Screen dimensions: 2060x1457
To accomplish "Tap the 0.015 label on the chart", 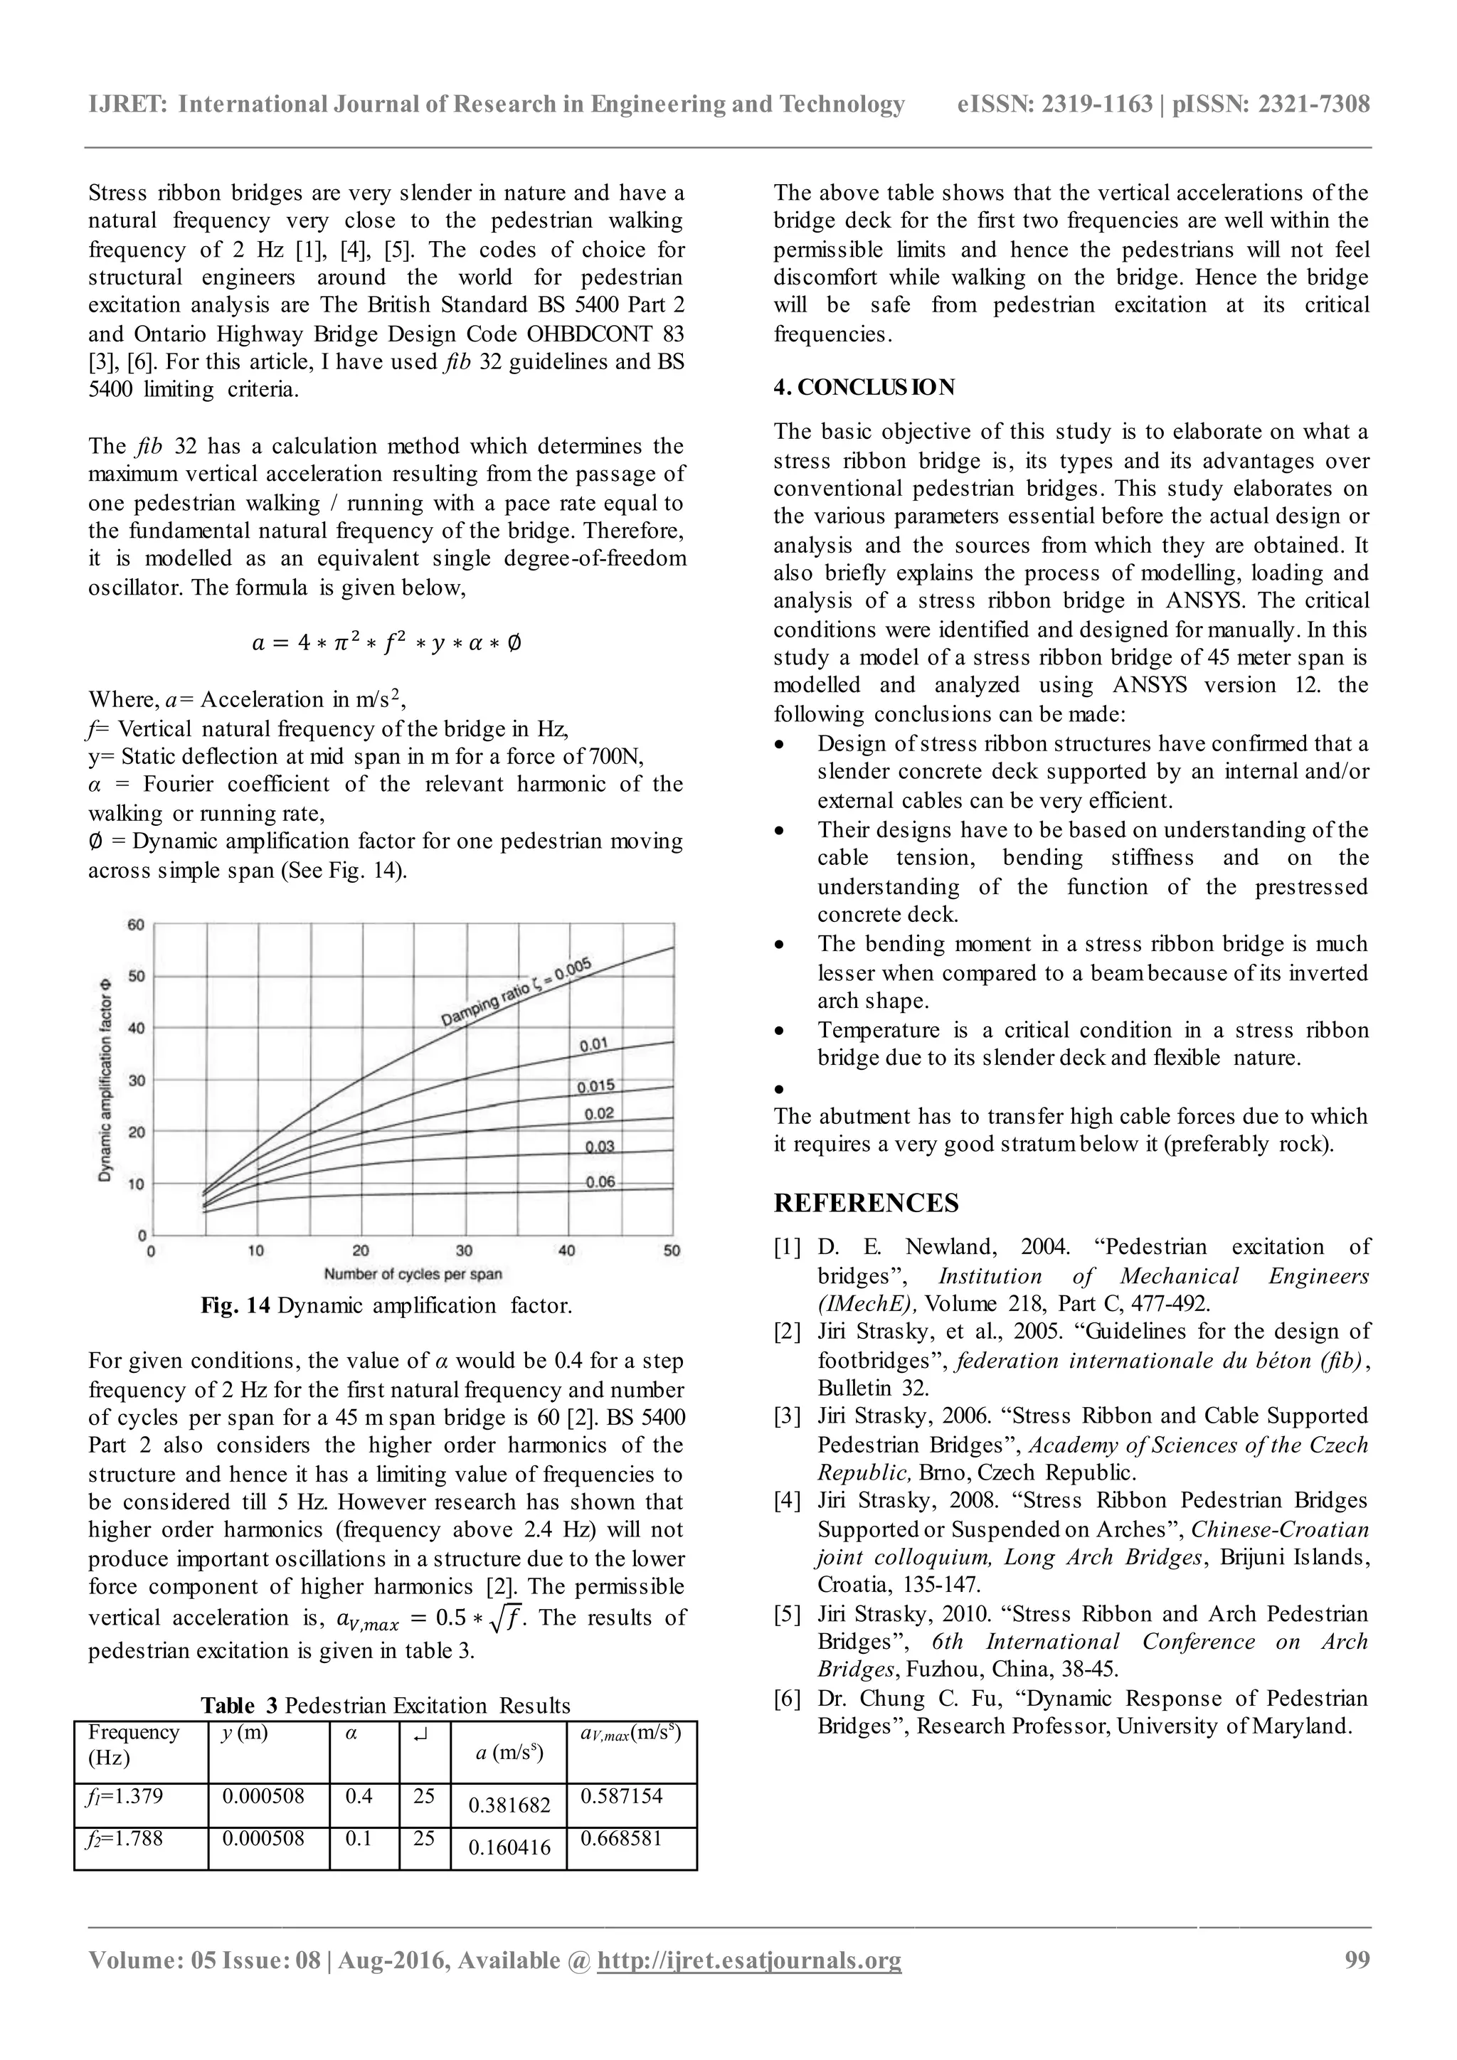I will (595, 1086).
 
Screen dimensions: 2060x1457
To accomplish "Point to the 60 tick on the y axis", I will (135, 925).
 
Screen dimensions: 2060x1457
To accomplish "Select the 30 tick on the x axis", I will (464, 1251).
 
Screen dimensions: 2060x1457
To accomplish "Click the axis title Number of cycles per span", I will (413, 1274).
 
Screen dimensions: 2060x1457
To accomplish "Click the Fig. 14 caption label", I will (235, 1305).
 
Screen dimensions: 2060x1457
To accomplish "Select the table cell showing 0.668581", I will (621, 1838).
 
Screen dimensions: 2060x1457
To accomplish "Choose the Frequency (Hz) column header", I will (133, 1744).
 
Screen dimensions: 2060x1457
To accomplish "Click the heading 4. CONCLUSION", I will (864, 388).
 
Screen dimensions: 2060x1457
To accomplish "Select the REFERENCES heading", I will (866, 1203).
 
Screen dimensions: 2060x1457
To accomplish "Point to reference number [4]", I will (787, 1501).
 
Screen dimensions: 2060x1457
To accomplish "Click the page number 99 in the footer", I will (1357, 1960).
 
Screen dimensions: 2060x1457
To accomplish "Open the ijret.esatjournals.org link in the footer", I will (748, 1960).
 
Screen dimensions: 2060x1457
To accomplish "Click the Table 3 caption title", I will (385, 1706).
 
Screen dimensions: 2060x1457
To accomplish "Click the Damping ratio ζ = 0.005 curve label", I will (516, 992).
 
